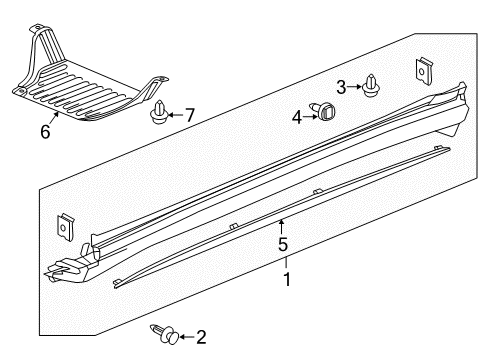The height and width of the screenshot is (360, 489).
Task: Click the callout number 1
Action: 288,280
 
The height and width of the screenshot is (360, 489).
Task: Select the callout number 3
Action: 340,87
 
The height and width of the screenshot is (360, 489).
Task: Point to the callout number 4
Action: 297,117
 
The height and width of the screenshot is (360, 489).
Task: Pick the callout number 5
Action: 283,243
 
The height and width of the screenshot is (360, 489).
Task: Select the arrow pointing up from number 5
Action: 283,224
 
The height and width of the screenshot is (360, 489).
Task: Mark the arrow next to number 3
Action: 356,87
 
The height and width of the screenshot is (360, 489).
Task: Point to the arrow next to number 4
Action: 309,116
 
